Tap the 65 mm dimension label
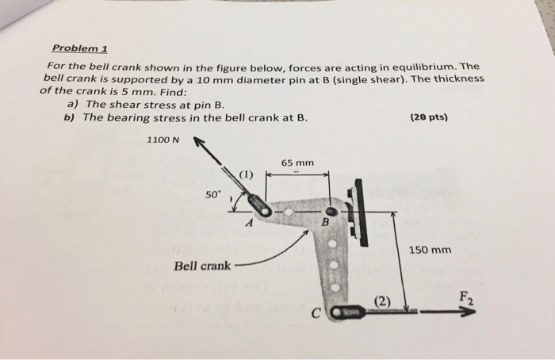point(297,163)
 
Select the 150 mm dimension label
point(431,250)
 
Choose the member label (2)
point(383,301)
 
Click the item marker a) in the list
point(71,104)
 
